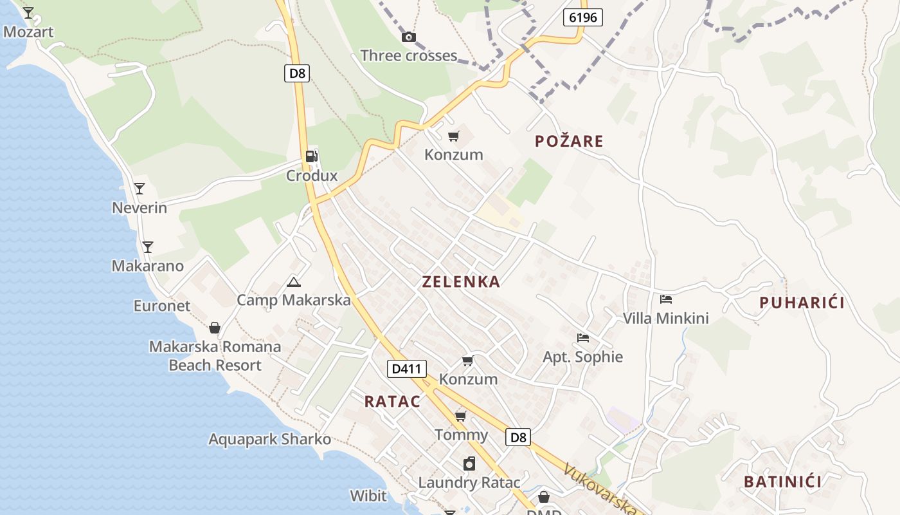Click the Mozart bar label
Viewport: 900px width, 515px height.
28,32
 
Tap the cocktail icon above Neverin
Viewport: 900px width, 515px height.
139,189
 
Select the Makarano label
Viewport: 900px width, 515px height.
148,266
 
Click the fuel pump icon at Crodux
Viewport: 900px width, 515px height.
311,156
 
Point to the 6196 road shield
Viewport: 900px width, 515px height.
583,17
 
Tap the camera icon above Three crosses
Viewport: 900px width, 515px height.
408,37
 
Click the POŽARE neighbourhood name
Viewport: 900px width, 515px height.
569,142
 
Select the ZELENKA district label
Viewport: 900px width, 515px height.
461,281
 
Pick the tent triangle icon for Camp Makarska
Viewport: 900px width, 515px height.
294,282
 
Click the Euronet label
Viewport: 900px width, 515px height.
162,306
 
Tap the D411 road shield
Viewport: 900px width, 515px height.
407,369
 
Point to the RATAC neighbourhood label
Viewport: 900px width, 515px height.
392,402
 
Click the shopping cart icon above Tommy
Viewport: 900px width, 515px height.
461,416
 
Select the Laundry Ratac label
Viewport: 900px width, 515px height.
469,482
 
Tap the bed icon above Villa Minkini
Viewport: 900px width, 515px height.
666,299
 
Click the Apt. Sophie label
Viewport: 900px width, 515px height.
583,357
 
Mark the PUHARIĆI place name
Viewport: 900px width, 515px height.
802,303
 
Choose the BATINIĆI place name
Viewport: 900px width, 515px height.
783,482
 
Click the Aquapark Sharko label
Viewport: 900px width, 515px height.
270,440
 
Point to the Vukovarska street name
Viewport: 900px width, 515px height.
601,488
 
